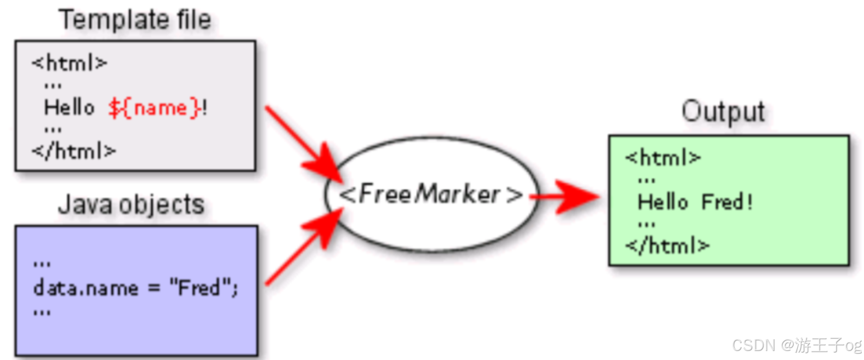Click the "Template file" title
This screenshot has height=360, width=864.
(135, 20)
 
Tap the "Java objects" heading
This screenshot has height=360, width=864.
(131, 205)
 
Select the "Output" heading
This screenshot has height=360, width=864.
(723, 112)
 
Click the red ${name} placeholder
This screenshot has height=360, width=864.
(154, 107)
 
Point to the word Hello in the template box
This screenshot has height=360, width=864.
(69, 107)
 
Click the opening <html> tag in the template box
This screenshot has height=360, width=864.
(69, 63)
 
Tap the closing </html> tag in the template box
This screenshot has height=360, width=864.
(74, 151)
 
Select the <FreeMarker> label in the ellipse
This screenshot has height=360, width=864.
(431, 195)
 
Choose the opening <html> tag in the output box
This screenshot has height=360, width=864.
(663, 158)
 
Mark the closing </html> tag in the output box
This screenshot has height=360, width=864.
(667, 245)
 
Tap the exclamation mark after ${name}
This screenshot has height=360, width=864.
(205, 107)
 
